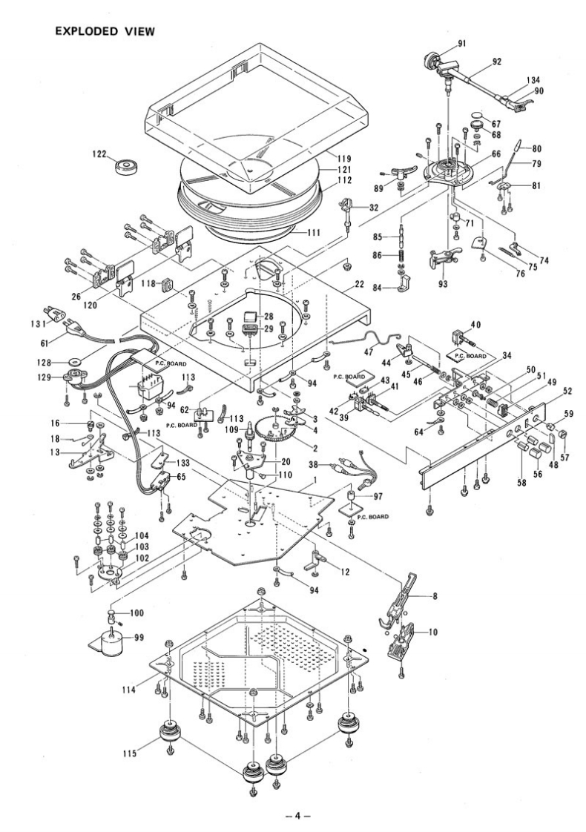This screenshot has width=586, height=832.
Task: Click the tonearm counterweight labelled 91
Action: pyautogui.click(x=433, y=59)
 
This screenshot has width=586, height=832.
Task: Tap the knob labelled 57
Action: pyautogui.click(x=562, y=432)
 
